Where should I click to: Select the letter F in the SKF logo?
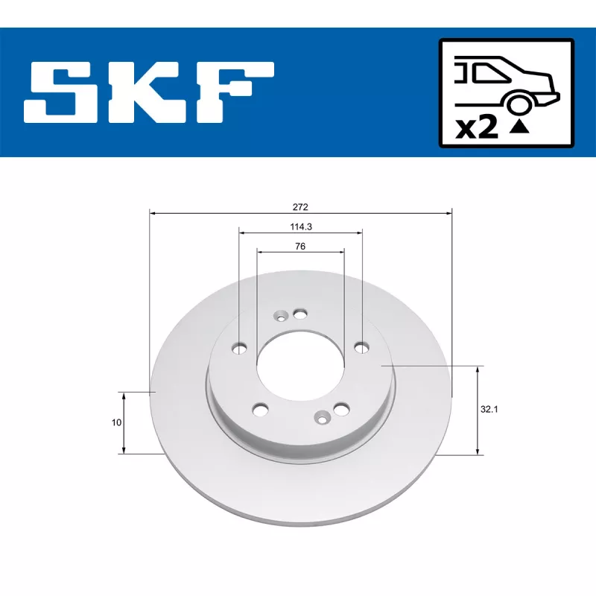[x=235, y=92]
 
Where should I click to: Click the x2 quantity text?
[x=477, y=127]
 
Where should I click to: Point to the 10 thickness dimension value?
[x=116, y=422]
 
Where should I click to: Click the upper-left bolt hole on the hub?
[x=241, y=347]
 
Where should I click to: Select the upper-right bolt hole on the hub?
[x=361, y=346]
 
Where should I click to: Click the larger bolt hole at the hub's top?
[x=300, y=314]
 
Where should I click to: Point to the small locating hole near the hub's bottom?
[x=322, y=418]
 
